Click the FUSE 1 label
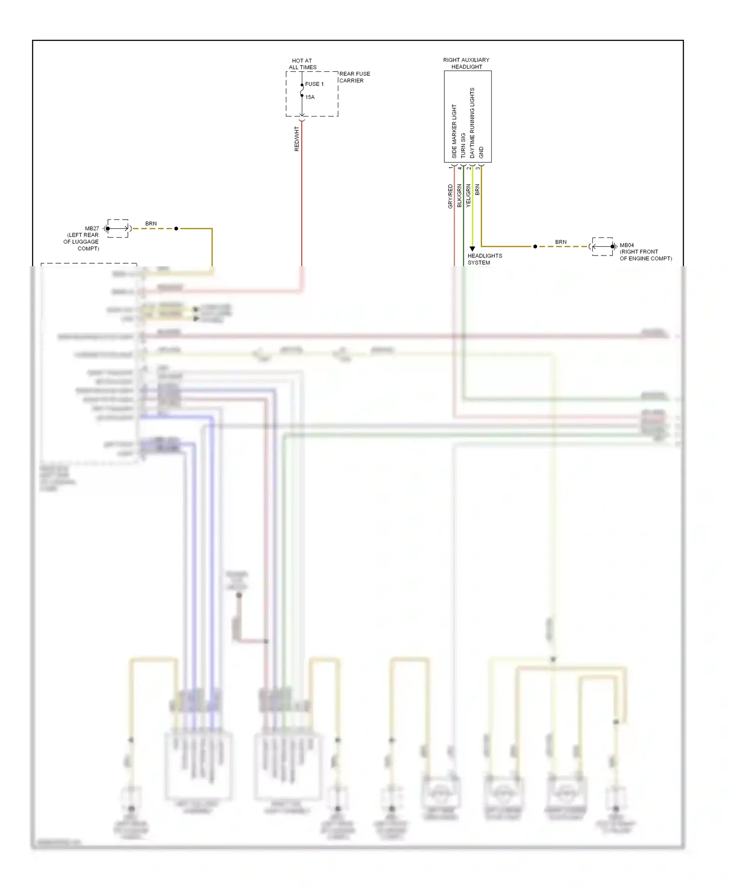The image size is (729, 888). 314,84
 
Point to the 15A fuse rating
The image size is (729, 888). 310,97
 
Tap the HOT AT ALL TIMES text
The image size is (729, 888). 302,64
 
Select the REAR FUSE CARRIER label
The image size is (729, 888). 354,77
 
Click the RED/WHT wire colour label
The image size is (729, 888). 297,139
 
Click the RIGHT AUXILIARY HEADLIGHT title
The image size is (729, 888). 466,63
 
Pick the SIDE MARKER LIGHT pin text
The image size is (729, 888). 454,131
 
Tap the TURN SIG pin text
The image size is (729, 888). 463,145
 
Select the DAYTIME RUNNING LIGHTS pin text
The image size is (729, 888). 472,123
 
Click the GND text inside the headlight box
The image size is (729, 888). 481,152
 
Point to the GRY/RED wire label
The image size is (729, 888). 451,196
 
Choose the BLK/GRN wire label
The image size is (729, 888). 459,196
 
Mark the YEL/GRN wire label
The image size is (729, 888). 469,196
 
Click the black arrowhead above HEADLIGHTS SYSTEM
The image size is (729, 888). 472,249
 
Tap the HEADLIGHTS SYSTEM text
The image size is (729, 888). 485,259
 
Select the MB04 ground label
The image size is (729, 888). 626,245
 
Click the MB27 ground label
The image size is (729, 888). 92,228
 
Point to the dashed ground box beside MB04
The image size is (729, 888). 603,247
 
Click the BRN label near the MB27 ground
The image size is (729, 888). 151,223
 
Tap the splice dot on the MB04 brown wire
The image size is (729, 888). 535,247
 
